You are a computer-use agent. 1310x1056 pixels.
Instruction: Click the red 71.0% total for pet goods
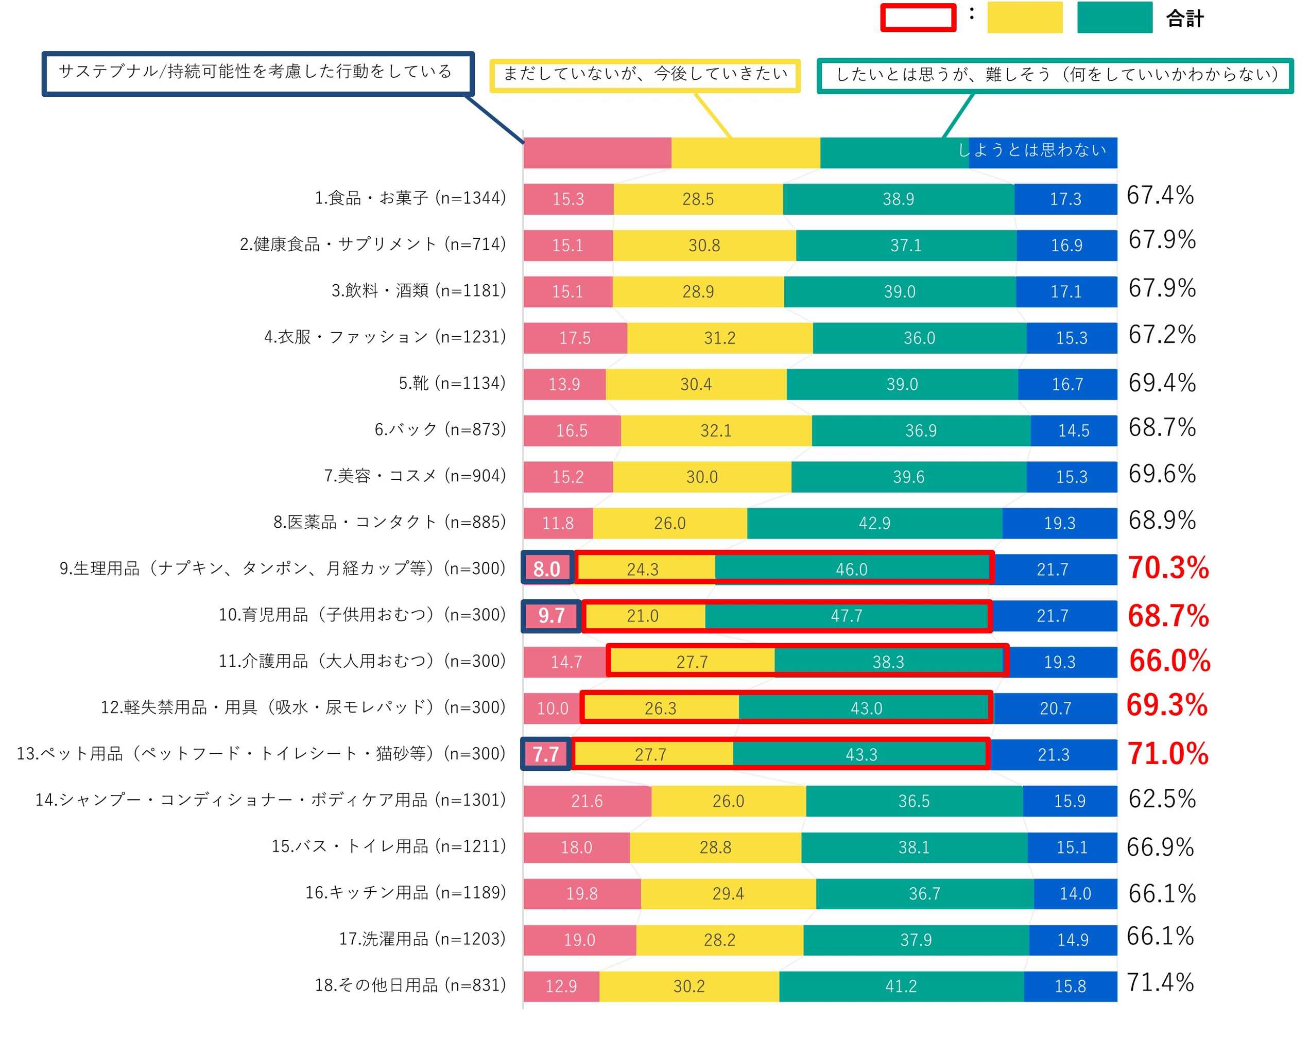[1167, 754]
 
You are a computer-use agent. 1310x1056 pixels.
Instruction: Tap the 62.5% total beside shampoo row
[1162, 799]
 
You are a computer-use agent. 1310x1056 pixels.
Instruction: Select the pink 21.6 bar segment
[587, 801]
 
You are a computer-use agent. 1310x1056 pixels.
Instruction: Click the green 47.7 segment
[847, 616]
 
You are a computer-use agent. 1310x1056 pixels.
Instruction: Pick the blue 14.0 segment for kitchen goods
[1075, 893]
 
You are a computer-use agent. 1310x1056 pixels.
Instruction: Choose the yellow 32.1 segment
[716, 430]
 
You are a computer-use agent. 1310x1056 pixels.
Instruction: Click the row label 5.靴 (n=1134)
[452, 383]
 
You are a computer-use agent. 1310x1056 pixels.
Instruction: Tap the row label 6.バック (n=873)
[439, 429]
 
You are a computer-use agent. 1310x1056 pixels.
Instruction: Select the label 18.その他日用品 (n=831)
[409, 985]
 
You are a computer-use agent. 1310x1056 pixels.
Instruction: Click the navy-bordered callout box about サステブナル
[257, 73]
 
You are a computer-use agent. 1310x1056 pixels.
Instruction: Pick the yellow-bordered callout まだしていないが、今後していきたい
[644, 75]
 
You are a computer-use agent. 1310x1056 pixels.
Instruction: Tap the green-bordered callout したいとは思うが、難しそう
[1055, 75]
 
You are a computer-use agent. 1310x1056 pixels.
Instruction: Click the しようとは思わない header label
[1032, 150]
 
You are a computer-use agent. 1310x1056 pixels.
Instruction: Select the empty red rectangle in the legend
[918, 18]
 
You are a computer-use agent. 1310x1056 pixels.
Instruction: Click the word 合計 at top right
[1184, 18]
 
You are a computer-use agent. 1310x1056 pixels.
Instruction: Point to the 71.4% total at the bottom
[1160, 983]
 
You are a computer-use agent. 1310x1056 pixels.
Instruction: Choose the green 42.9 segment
[874, 523]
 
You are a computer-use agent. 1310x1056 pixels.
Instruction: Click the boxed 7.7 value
[545, 754]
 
